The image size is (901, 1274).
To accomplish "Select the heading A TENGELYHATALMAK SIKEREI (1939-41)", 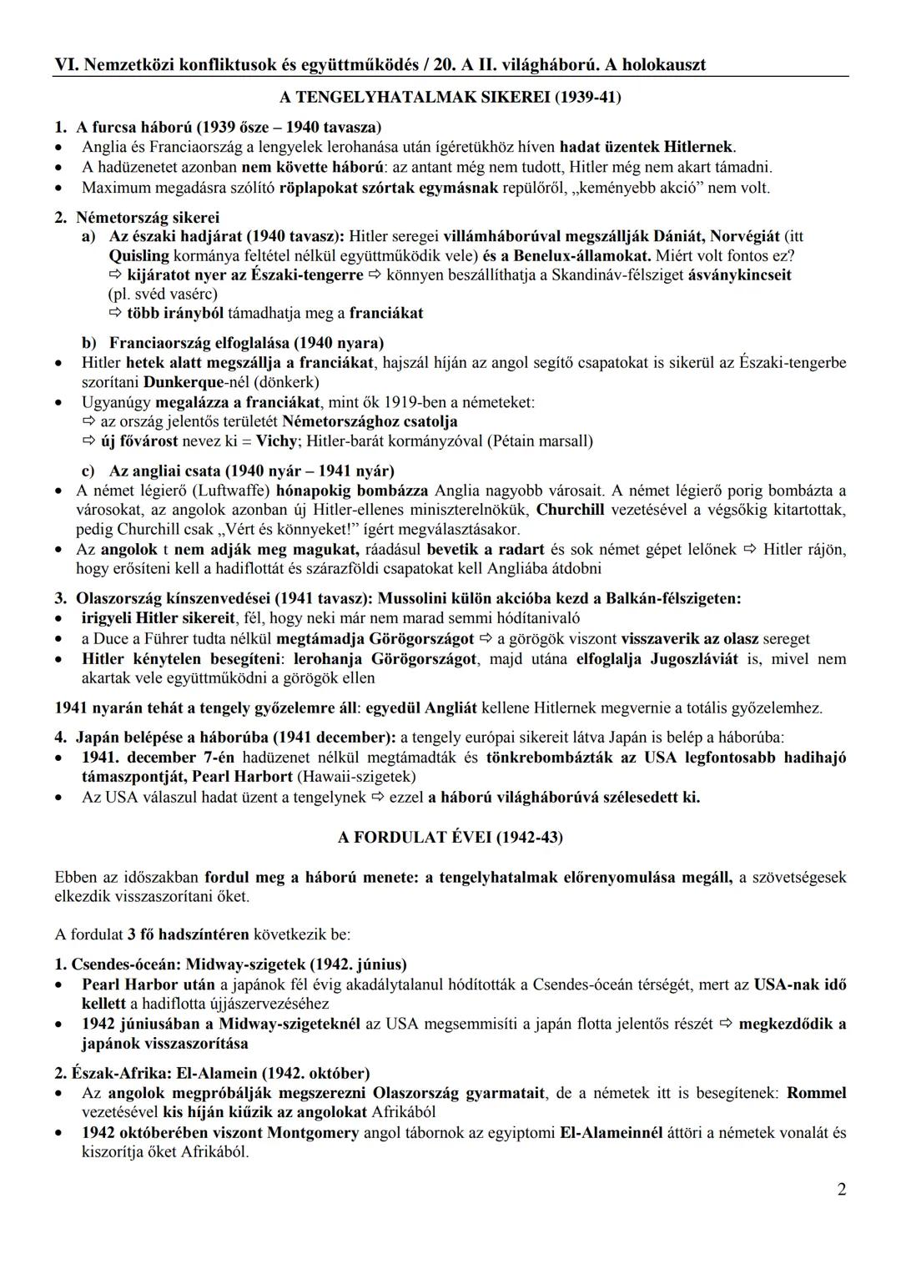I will click(450, 98).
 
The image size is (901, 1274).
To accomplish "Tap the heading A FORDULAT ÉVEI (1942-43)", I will click(450, 838).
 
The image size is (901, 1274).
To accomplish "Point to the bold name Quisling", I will click(138, 255).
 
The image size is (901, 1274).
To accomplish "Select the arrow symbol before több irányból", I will click(115, 314).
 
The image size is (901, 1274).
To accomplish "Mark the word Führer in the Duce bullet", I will click(194, 639).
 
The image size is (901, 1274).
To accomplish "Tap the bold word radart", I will click(521, 549).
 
